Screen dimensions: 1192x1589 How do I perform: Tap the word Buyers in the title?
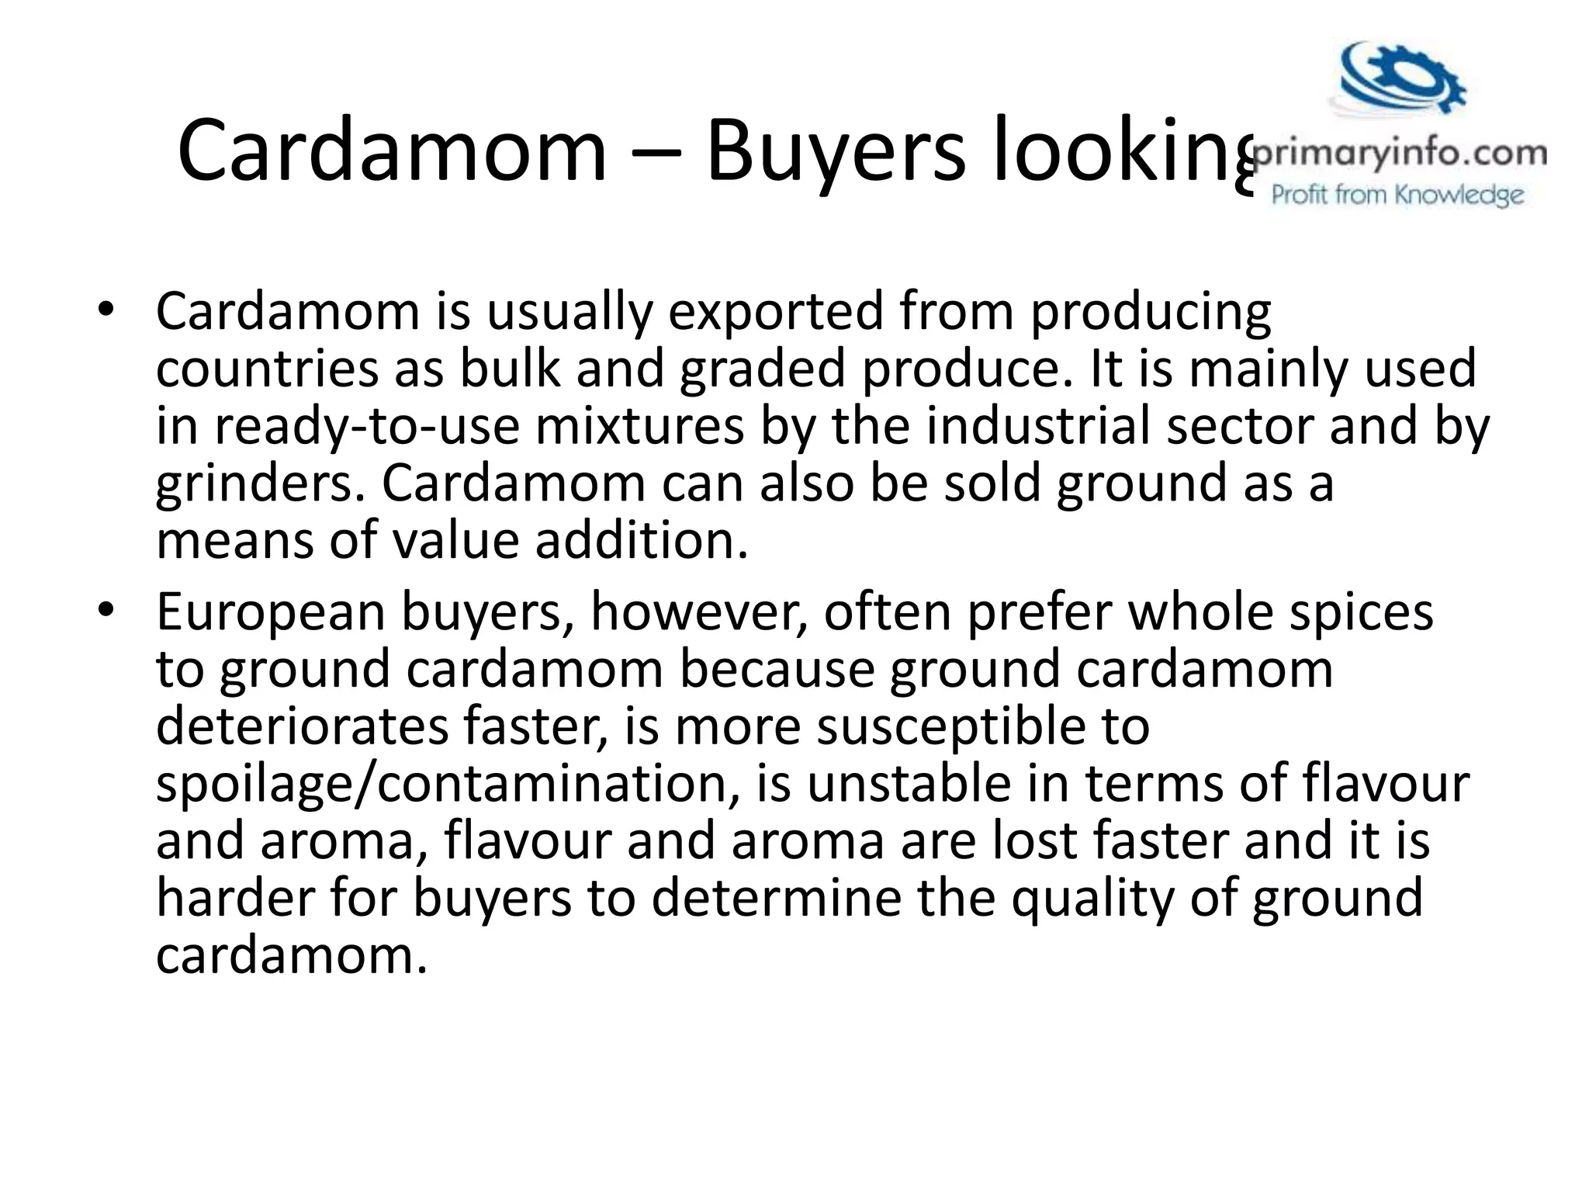click(x=836, y=151)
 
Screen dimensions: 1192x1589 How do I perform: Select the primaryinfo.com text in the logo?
click(x=1400, y=154)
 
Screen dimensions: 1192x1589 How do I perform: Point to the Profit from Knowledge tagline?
click(x=1397, y=194)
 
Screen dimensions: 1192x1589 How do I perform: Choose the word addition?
click(x=642, y=541)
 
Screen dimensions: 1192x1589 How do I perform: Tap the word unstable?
click(x=909, y=784)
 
